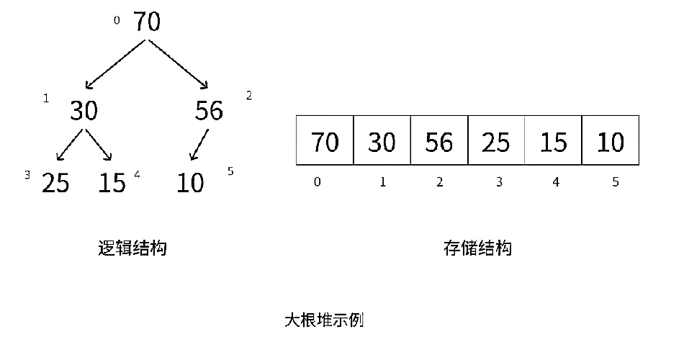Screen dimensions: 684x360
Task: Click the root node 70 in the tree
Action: coord(146,22)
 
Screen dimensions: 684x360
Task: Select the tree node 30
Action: coord(84,111)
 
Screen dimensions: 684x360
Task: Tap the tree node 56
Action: coord(209,111)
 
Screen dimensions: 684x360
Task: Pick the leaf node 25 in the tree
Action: coord(55,183)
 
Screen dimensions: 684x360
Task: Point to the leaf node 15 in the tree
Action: coord(112,183)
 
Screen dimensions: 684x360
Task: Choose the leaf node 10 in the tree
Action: coord(191,183)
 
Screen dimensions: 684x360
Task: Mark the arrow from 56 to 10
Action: coord(199,145)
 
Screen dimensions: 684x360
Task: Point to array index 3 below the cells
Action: coord(498,182)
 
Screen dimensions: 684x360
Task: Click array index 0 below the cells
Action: coord(318,182)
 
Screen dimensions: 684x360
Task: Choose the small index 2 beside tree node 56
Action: coord(249,96)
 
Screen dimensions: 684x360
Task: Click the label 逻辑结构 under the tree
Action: coord(132,248)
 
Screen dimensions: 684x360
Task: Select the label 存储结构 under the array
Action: coord(477,248)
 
